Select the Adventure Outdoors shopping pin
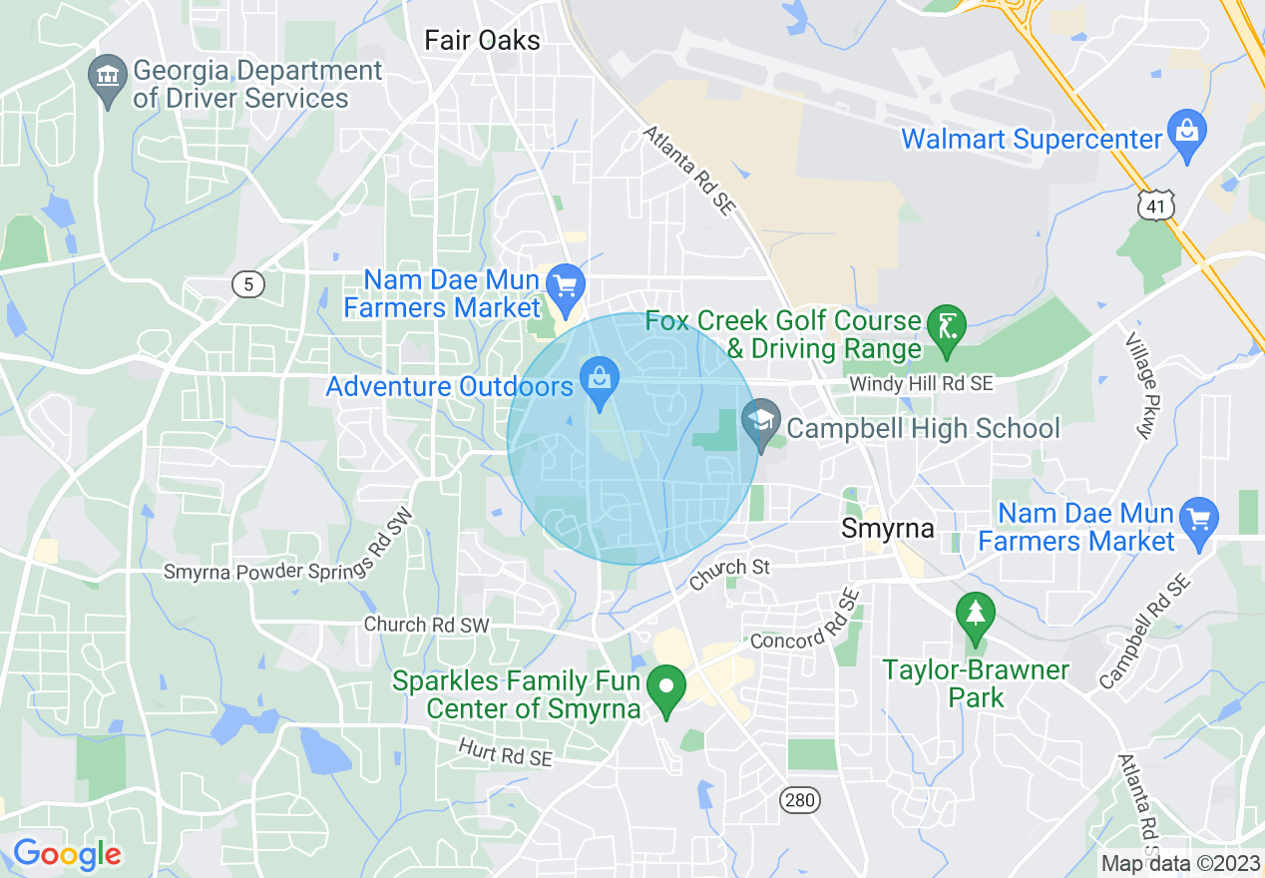(x=599, y=382)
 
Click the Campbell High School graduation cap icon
(x=761, y=423)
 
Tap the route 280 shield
(x=797, y=800)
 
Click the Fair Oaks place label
(x=482, y=40)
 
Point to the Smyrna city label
(x=887, y=528)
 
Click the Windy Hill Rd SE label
(x=921, y=384)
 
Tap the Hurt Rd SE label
(x=505, y=752)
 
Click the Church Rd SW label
(x=427, y=625)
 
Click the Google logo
(x=67, y=854)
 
